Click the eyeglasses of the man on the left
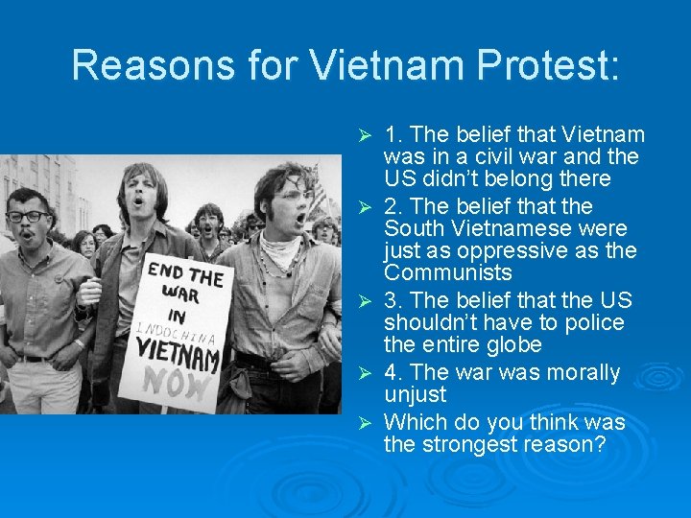(27, 216)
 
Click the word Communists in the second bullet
(447, 272)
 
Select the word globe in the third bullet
(515, 344)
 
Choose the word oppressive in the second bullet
(537, 250)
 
